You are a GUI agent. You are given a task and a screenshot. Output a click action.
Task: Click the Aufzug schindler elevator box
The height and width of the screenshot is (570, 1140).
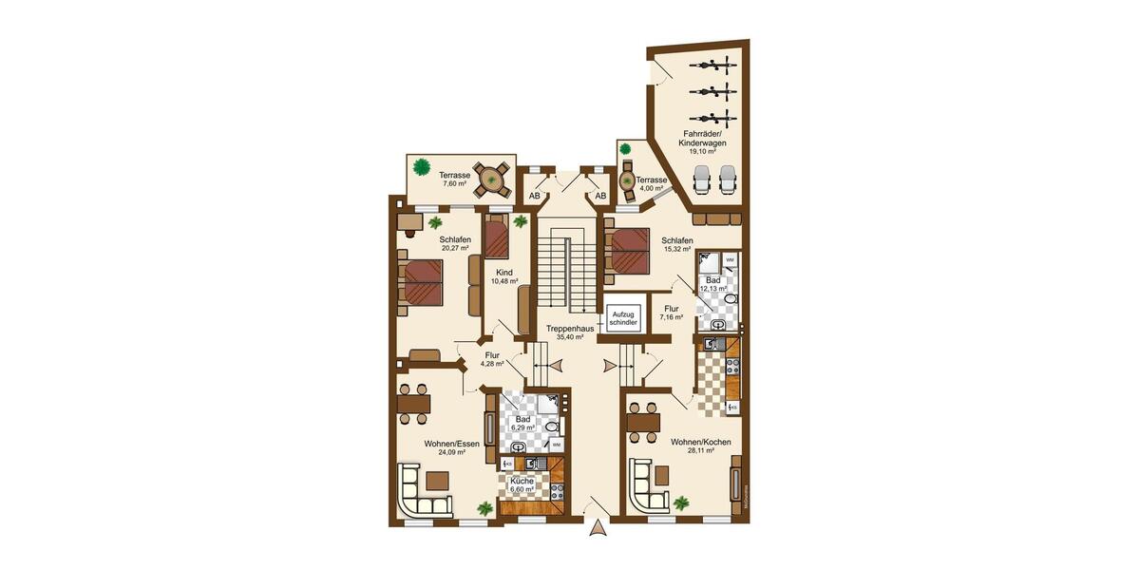[622, 317]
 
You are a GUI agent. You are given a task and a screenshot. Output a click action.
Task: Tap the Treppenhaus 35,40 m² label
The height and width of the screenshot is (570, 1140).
[570, 332]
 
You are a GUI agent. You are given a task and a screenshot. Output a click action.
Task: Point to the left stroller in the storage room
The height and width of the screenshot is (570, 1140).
[703, 180]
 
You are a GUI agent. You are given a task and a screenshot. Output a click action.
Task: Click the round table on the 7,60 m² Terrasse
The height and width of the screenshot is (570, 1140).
[491, 179]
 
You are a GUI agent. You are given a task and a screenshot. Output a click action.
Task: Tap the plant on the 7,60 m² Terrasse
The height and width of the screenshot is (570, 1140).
[419, 167]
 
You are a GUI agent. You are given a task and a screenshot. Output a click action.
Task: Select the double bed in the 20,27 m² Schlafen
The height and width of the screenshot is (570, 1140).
[423, 282]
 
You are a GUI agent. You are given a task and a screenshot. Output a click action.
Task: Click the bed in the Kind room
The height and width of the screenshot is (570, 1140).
[497, 237]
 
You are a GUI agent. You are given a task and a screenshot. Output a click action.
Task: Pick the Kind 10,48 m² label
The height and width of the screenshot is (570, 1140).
[503, 276]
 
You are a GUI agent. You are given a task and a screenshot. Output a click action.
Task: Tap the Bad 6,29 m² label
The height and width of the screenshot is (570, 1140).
[522, 424]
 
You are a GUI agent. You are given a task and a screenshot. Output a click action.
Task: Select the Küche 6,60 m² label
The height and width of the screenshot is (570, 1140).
[522, 486]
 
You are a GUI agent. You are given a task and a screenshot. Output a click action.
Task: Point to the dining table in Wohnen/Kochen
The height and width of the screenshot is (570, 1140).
[643, 421]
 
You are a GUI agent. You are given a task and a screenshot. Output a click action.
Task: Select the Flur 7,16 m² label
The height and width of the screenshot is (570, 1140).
[672, 313]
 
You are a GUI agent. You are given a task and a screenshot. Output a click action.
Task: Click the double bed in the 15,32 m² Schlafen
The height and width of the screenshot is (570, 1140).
[627, 250]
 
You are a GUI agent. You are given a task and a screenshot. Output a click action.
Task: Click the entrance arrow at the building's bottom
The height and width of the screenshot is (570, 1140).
[598, 529]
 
